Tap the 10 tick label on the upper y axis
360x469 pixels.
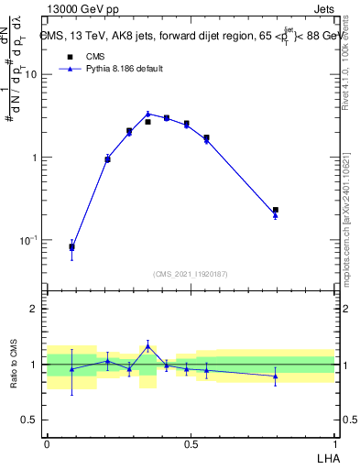pos(30,74)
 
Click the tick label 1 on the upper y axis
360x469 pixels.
pos(34,158)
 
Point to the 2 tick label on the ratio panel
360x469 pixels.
pos(35,309)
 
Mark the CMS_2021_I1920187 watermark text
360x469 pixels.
pos(191,273)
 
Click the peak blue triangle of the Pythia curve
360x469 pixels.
pos(147,115)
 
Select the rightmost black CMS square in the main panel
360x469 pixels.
pos(276,210)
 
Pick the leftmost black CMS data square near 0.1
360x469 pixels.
pos(71,246)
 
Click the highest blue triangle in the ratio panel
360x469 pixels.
pos(147,345)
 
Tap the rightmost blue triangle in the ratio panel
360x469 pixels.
pos(276,376)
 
